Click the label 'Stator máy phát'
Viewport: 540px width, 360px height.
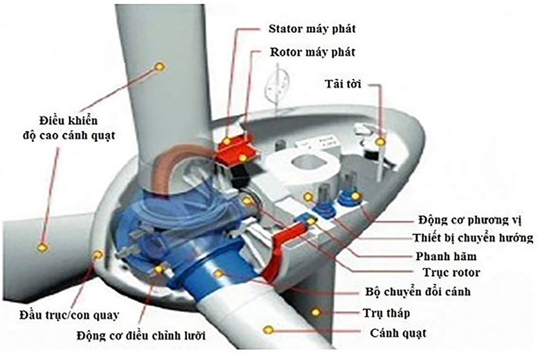pos(312,28)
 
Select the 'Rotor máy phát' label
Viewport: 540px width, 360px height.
pos(312,53)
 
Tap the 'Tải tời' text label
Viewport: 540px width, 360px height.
pos(343,84)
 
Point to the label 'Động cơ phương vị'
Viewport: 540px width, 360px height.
pos(470,219)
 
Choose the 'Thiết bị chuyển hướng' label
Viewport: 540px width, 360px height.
pos(473,237)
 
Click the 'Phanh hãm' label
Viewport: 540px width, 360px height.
pos(446,256)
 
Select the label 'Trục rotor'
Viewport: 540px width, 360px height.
pos(451,273)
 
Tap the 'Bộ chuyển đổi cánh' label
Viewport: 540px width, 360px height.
pos(417,291)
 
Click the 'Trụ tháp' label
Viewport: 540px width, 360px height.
pos(386,313)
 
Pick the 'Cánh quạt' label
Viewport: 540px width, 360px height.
pos(398,333)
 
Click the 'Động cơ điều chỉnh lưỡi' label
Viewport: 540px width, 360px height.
pos(141,335)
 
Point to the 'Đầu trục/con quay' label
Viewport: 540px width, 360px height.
pos(69,315)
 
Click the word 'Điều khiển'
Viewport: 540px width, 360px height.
pos(68,120)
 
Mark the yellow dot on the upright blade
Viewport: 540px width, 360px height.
pos(160,66)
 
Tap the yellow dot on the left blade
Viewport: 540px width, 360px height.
pos(42,247)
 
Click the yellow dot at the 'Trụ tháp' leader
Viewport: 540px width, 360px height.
pos(316,312)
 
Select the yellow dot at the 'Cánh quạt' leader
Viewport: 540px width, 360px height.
pos(269,330)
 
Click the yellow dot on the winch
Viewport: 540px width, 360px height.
pos(380,142)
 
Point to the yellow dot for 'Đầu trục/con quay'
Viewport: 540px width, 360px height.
pos(98,255)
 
